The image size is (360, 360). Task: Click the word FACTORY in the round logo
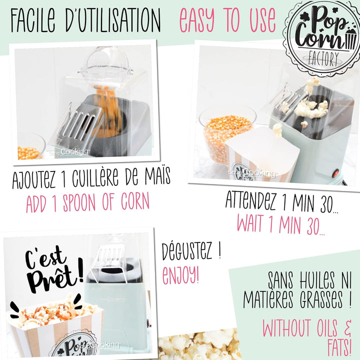click(x=323, y=59)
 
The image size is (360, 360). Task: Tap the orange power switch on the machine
click(x=336, y=173)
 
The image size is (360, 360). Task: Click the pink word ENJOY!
click(x=180, y=275)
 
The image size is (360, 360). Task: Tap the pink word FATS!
click(x=339, y=348)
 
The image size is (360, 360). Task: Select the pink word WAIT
click(x=250, y=223)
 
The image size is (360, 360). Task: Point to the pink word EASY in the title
click(x=196, y=20)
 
